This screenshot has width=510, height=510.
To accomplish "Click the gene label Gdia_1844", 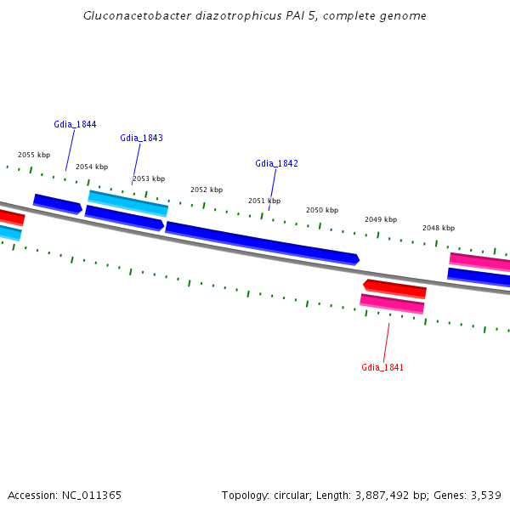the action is point(75,124).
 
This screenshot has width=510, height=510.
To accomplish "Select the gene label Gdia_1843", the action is point(141,138).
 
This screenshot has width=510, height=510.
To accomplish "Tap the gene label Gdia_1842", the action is point(276,163).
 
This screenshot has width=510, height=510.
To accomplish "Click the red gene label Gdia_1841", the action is point(382,367).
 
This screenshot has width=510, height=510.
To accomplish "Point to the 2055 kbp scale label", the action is point(34,155).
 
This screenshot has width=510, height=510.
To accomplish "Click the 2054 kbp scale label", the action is point(92,167).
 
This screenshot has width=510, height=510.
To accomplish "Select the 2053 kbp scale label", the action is point(149,178).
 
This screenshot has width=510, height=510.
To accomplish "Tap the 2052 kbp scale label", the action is point(207,190).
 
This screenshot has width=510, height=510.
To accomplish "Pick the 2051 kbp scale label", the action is point(264,201).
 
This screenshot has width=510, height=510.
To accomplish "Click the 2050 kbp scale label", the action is point(322,210).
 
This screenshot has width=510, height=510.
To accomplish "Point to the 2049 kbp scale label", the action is point(381,219).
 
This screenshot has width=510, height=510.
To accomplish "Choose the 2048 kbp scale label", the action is point(439,228).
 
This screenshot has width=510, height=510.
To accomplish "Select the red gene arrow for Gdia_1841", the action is point(394,288).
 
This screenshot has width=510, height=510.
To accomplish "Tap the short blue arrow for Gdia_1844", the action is point(58,204).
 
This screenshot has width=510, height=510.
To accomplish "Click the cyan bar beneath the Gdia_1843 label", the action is point(128,202).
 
